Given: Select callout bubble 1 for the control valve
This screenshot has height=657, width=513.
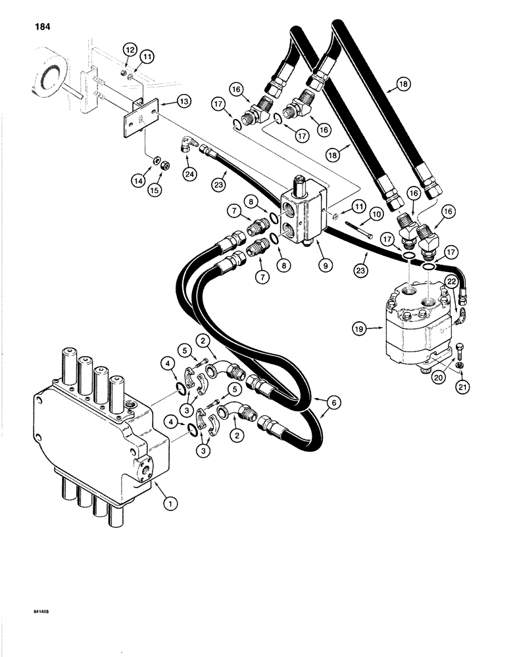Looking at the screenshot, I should [170, 505].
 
